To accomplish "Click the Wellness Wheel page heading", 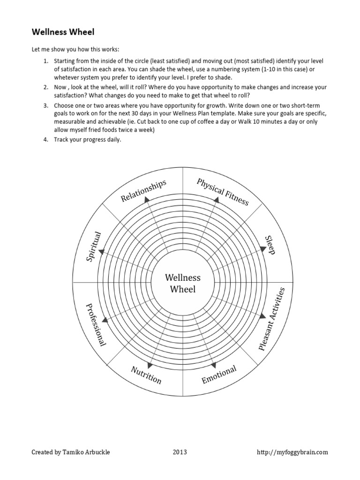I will point(63,32).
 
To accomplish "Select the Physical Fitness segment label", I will point(223,192).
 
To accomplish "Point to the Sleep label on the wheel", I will point(269,245).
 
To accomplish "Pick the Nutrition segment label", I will point(146,375).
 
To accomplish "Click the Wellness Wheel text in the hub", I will point(182,283).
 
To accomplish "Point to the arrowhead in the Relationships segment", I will point(147,200).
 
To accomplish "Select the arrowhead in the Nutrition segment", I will point(150,366).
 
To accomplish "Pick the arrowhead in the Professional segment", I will point(103,320).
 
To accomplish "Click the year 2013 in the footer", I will point(180,452).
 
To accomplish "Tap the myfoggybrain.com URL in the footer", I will point(292,452).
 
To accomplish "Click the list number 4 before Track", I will point(46,139).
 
